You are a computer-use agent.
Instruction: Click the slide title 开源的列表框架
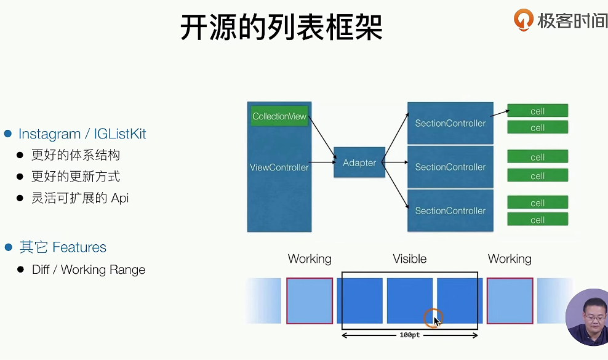tap(281, 27)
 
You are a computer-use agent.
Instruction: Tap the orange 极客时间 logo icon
tap(523, 20)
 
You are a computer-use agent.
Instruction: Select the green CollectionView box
tap(279, 116)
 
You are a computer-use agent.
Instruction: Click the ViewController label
tap(279, 167)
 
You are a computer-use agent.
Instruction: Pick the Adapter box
tap(359, 162)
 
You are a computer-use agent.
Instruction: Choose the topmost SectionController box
tap(450, 123)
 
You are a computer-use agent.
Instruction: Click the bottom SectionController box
tap(450, 210)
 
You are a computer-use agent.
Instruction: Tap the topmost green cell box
tap(537, 111)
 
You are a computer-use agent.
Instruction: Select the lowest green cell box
tap(537, 220)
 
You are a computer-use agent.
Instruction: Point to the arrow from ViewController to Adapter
tap(322, 162)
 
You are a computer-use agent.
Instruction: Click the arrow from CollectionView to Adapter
tap(322, 137)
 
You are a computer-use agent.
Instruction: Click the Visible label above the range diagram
tap(409, 258)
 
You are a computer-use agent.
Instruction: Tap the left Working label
tap(310, 258)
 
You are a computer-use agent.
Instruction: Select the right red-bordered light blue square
tap(510, 301)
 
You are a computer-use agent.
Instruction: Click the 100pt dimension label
tap(409, 335)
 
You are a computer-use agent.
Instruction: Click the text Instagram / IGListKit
tap(82, 134)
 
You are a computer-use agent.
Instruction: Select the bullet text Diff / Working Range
tap(89, 270)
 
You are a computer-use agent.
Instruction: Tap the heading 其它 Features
tap(63, 247)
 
